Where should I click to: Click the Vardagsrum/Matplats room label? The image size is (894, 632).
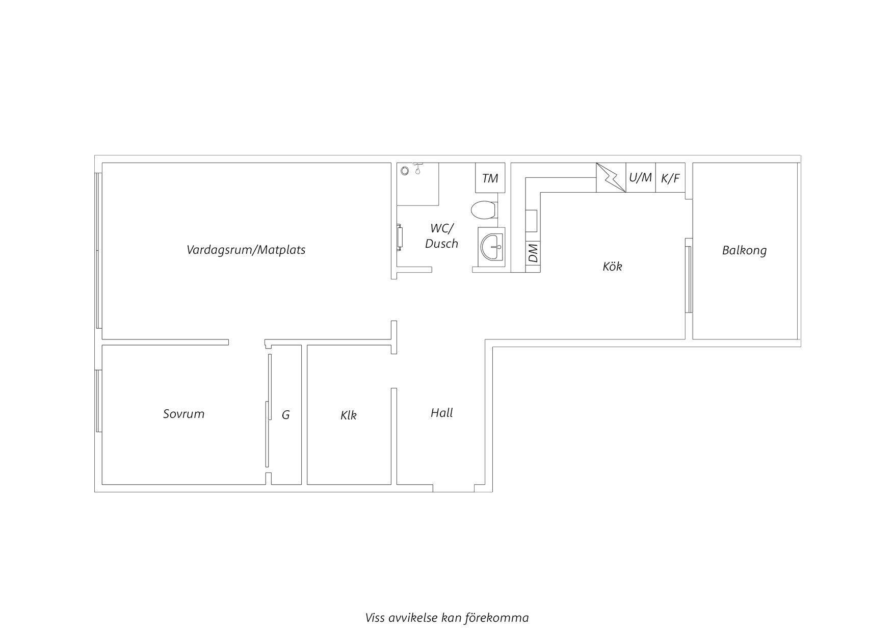pyautogui.click(x=246, y=250)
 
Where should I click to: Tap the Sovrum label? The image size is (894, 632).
pyautogui.click(x=183, y=413)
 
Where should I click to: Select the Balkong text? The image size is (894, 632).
pyautogui.click(x=744, y=250)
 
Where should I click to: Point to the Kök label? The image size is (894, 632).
pyautogui.click(x=612, y=266)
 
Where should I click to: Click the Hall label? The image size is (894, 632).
pyautogui.click(x=441, y=412)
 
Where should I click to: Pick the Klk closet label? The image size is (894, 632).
pyautogui.click(x=349, y=415)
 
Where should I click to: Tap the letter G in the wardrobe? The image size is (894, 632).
pyautogui.click(x=286, y=415)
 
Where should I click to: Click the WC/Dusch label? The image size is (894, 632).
pyautogui.click(x=441, y=235)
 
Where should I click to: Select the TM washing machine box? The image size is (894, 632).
pyautogui.click(x=490, y=178)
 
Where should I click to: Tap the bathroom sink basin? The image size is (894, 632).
pyautogui.click(x=491, y=247)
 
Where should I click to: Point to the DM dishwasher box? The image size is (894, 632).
pyautogui.click(x=533, y=253)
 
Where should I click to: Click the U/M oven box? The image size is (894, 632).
pyautogui.click(x=640, y=177)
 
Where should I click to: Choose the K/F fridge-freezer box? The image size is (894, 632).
pyautogui.click(x=670, y=178)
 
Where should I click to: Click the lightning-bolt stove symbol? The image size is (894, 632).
pyautogui.click(x=611, y=177)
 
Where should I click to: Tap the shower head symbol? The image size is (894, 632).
pyautogui.click(x=418, y=168)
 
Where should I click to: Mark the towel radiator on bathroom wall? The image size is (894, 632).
pyautogui.click(x=401, y=238)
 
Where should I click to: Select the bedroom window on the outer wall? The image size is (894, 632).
pyautogui.click(x=98, y=401)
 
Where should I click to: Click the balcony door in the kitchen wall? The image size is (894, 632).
pyautogui.click(x=688, y=279)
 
